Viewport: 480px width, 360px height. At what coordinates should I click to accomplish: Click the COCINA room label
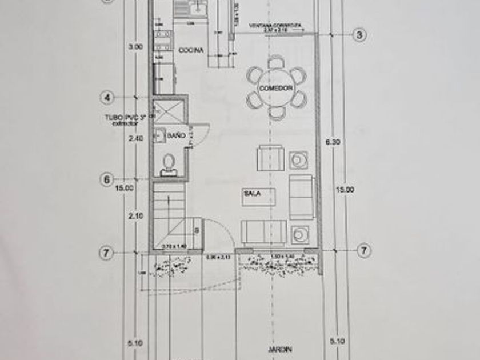pyautogui.click(x=191, y=51)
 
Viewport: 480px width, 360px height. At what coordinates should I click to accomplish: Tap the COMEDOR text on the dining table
pyautogui.click(x=276, y=89)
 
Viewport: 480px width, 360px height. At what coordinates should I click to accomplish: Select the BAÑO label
pyautogui.click(x=176, y=135)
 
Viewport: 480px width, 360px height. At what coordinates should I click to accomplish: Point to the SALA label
pyautogui.click(x=252, y=194)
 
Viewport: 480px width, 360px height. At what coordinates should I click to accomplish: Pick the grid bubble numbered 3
pyautogui.click(x=359, y=35)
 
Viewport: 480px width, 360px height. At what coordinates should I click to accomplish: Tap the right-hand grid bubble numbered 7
pyautogui.click(x=363, y=250)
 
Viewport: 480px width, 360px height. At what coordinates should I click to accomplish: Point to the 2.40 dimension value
pyautogui.click(x=134, y=138)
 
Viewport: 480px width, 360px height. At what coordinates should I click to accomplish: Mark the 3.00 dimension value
pyautogui.click(x=135, y=47)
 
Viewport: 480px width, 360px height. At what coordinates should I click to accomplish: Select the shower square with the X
pyautogui.click(x=169, y=111)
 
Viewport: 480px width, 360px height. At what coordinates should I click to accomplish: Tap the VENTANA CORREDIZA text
pyautogui.click(x=275, y=26)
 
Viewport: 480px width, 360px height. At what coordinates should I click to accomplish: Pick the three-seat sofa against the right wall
pyautogui.click(x=301, y=197)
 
